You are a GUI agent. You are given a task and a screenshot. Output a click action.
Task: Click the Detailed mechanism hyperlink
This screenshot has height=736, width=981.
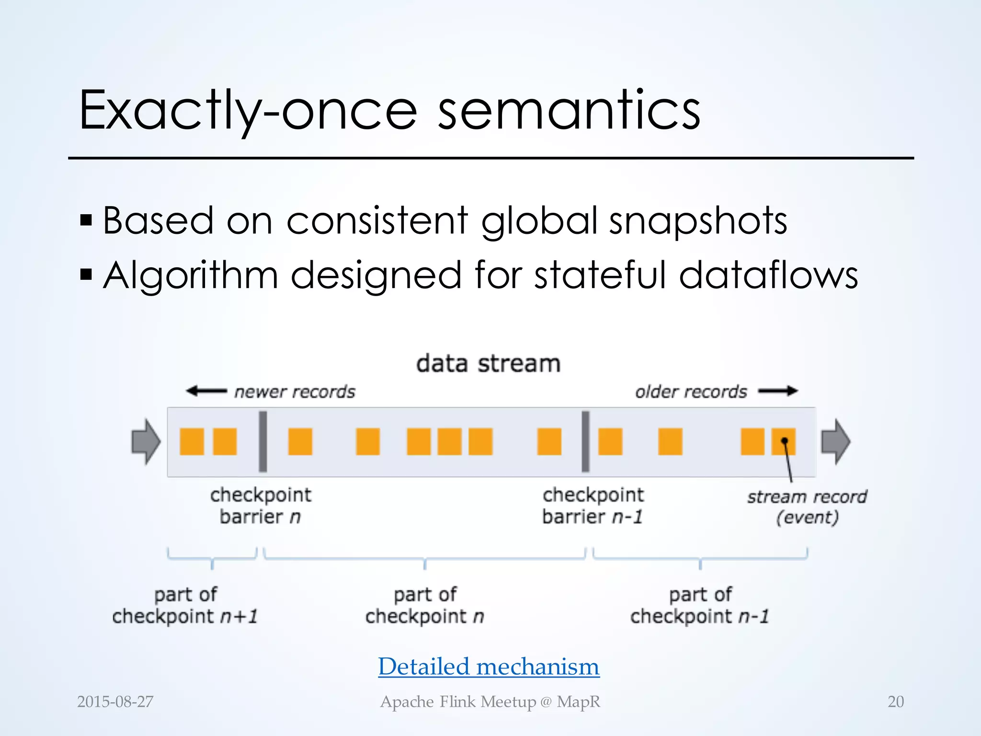coord(489,667)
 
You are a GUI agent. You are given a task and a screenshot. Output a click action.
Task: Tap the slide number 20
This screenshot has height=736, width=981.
coord(895,701)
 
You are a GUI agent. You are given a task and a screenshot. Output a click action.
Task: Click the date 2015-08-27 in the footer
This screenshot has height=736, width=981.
coord(115,701)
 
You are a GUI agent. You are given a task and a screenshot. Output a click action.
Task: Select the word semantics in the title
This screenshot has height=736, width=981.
coord(569,111)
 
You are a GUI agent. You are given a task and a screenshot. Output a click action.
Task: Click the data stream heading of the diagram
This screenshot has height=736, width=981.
coord(488,363)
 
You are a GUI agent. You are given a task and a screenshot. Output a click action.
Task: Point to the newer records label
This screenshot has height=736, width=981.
coord(295,392)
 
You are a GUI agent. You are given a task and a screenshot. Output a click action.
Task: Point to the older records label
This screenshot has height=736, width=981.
coord(691,392)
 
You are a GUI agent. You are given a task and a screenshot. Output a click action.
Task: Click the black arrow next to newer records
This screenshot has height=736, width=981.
coord(206,391)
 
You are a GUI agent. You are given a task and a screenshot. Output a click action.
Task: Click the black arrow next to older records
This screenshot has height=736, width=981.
coord(778,391)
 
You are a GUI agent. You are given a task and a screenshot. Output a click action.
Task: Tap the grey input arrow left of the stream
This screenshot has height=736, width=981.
coord(146,442)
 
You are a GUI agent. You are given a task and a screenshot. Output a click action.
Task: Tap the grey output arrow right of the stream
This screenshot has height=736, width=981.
coord(835,442)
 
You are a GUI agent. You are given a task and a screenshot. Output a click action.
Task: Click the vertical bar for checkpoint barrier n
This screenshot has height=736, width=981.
coord(262,442)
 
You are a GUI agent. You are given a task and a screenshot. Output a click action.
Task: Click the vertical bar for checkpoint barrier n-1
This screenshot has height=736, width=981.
coord(585,442)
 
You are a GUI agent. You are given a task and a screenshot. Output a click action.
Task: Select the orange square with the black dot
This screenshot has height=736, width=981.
coord(784,442)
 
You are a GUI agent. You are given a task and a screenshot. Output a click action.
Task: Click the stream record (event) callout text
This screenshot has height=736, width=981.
coord(807,507)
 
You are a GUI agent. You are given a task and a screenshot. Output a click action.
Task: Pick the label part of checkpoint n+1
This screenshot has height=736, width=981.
coord(185,605)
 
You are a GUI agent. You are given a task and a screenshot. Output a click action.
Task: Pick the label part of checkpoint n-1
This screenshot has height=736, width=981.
coord(700,605)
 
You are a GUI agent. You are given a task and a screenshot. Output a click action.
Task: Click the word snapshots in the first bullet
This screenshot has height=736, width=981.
coord(698,221)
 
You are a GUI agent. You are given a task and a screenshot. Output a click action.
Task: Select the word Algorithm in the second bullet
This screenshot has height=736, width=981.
coord(191,276)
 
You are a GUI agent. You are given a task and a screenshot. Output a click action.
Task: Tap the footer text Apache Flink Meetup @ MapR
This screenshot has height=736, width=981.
coord(490,701)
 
